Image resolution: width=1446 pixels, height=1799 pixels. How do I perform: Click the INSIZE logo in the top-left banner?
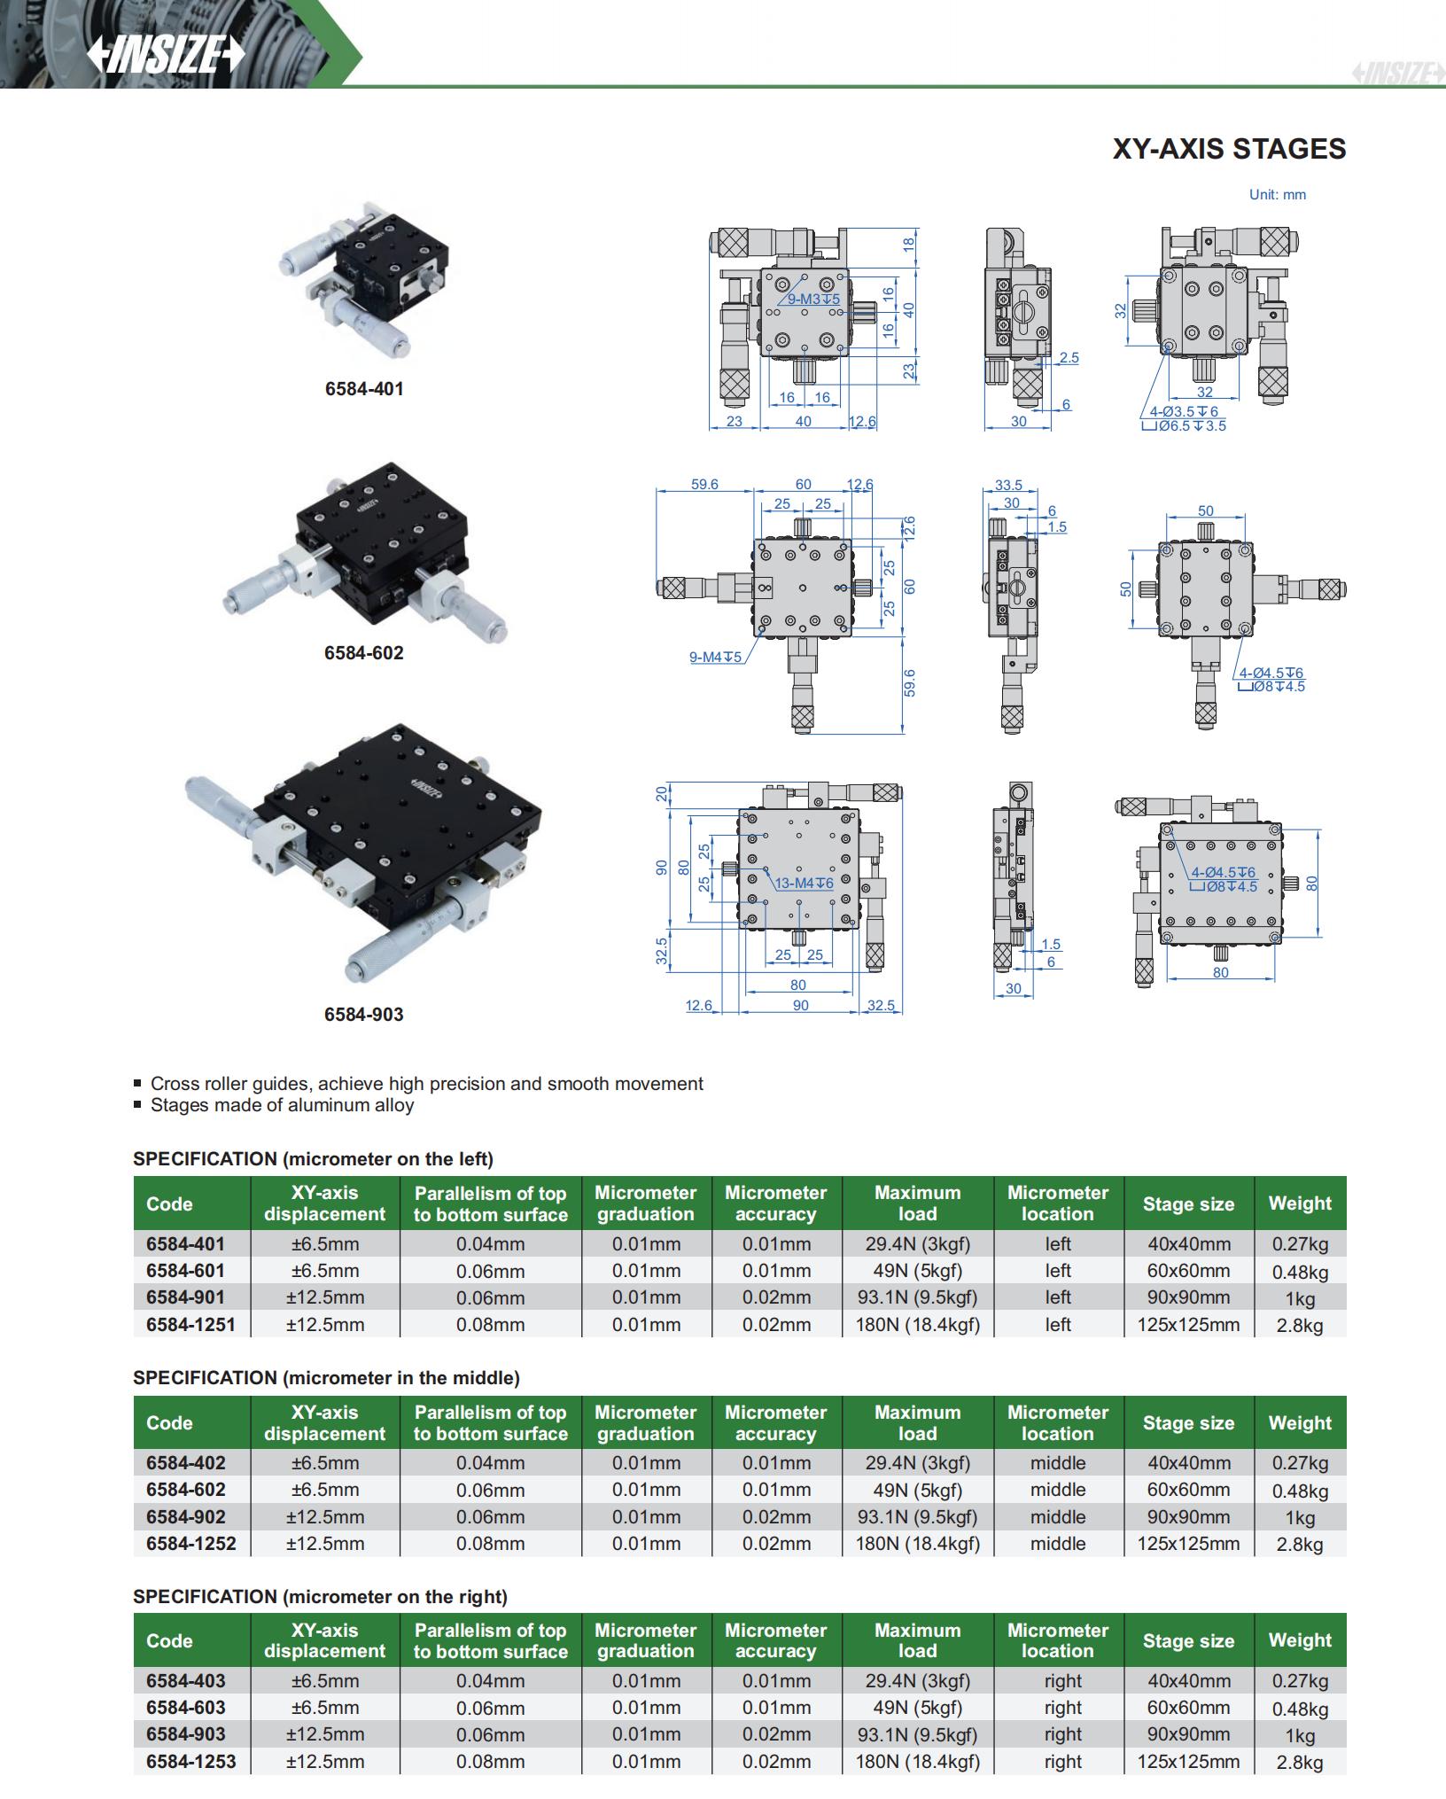pyautogui.click(x=166, y=55)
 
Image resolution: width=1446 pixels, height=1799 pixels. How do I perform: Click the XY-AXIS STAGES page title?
pyautogui.click(x=1228, y=149)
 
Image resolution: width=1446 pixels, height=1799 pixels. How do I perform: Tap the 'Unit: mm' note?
pyautogui.click(x=1277, y=195)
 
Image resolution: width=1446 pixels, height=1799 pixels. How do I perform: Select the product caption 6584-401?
pyautogui.click(x=363, y=389)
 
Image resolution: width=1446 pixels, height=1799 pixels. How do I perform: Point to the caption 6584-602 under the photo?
pyautogui.click(x=363, y=653)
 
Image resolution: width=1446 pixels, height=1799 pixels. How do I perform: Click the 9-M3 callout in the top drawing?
pyautogui.click(x=813, y=300)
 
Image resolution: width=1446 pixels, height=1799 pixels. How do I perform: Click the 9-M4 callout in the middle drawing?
pyautogui.click(x=715, y=657)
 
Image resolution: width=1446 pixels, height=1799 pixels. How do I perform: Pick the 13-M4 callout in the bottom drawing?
pyautogui.click(x=804, y=884)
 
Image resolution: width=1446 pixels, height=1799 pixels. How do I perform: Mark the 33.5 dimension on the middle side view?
pyautogui.click(x=1007, y=486)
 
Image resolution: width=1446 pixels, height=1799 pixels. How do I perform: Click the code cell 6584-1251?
pyautogui.click(x=191, y=1324)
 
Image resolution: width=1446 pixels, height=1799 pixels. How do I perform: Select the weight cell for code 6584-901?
pyautogui.click(x=1300, y=1298)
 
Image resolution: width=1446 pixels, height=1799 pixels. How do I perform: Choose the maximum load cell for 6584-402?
pyautogui.click(x=917, y=1462)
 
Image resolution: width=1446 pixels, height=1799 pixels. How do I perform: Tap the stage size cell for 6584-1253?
pyautogui.click(x=1188, y=1761)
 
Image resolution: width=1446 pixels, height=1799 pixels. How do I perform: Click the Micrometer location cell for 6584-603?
pyautogui.click(x=1062, y=1707)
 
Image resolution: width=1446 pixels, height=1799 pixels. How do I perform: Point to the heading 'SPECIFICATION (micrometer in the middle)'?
pyautogui.click(x=326, y=1377)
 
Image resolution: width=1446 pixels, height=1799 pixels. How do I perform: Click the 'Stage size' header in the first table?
pyautogui.click(x=1188, y=1203)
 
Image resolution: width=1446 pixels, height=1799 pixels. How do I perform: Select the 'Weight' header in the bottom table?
pyautogui.click(x=1300, y=1640)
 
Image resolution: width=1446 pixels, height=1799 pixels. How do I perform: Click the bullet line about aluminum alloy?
pyautogui.click(x=282, y=1105)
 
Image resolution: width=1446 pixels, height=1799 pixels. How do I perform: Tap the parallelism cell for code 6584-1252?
pyautogui.click(x=490, y=1543)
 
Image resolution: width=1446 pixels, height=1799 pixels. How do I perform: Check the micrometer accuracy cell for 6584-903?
pyautogui.click(x=776, y=1734)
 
